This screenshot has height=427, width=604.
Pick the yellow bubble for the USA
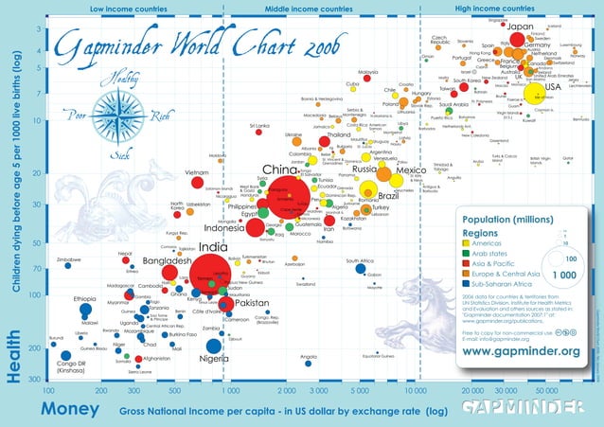pos(539,95)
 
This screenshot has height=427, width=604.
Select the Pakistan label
pos(253,303)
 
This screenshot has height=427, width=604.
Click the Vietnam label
pos(196,172)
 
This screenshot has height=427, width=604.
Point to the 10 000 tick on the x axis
pos(414,389)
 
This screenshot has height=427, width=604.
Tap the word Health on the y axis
pos(13,354)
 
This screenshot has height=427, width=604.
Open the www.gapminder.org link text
pos(521,351)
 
